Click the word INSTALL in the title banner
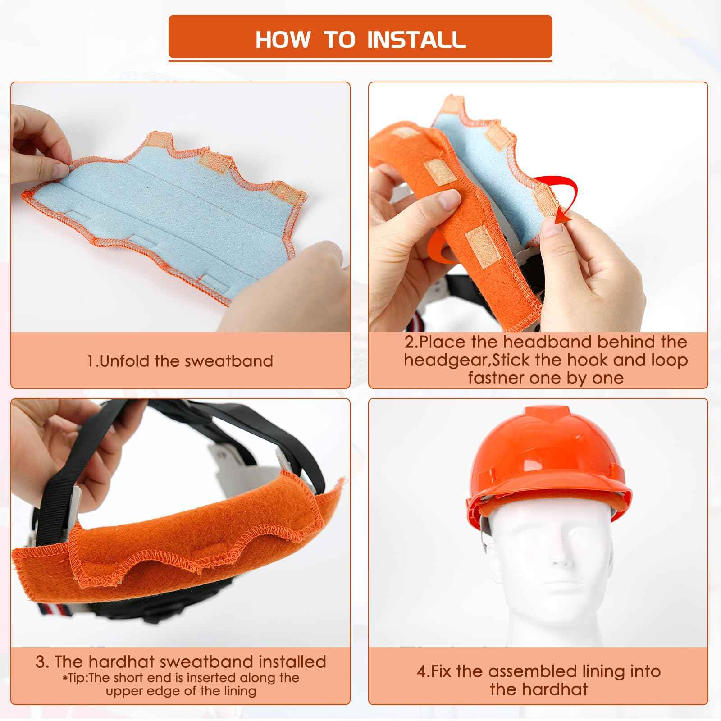pos(416,39)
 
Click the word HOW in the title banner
pos(283,39)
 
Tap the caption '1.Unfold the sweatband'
pos(180,361)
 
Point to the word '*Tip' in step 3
pos(73,678)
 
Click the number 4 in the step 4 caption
pos(421,671)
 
